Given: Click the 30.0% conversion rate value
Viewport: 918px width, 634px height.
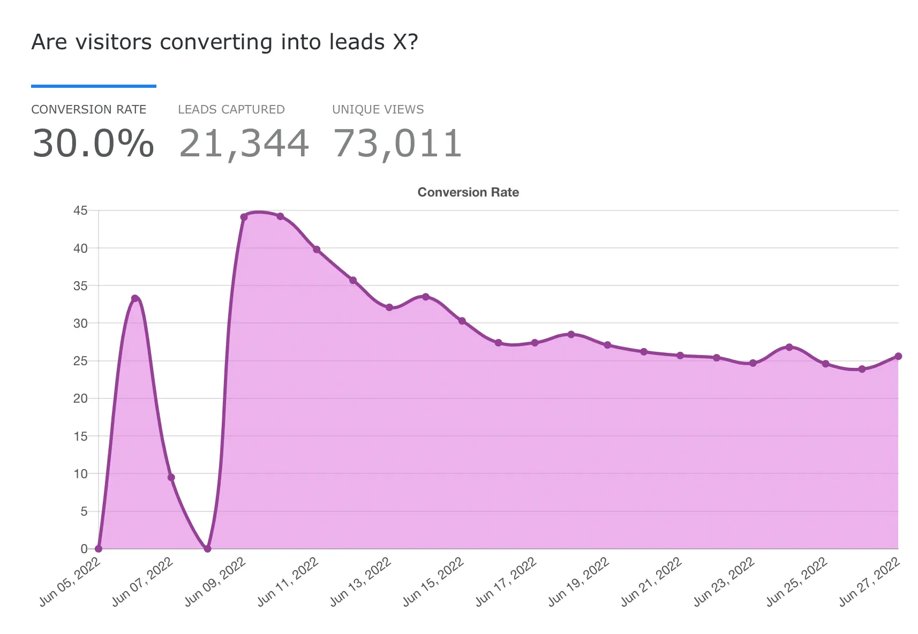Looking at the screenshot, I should pos(93,144).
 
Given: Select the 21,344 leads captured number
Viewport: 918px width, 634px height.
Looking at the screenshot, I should pos(244,144).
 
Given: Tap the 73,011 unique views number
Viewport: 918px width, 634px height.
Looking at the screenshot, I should pos(397,144).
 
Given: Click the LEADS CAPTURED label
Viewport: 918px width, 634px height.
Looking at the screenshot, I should pos(231,110).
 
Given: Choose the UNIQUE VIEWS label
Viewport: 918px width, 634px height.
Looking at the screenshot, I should pos(378,110).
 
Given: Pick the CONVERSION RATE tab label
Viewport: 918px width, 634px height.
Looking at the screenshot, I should pos(89,110).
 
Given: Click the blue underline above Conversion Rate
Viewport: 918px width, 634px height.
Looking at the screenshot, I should pos(94,86).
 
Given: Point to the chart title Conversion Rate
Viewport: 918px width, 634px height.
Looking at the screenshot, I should pos(468,192).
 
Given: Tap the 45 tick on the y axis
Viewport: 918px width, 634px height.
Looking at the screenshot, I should pos(80,210).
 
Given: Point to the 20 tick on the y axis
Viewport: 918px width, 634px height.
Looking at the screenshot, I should pos(80,398).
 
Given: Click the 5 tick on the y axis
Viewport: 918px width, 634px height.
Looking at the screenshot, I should pos(84,511).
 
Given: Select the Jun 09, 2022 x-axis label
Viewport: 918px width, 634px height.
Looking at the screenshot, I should pos(215,582).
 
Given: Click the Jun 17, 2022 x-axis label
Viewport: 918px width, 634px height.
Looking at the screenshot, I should pos(506,582).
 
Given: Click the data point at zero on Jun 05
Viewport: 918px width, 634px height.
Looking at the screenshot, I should pos(99,548).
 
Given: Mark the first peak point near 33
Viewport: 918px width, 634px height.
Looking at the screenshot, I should pos(135,298).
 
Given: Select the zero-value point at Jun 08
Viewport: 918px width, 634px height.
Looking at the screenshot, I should pos(208,548).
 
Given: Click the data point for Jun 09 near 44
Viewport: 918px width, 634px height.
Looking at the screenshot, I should pos(244,217).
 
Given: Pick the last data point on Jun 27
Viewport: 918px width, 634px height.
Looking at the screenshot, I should pos(898,356).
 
